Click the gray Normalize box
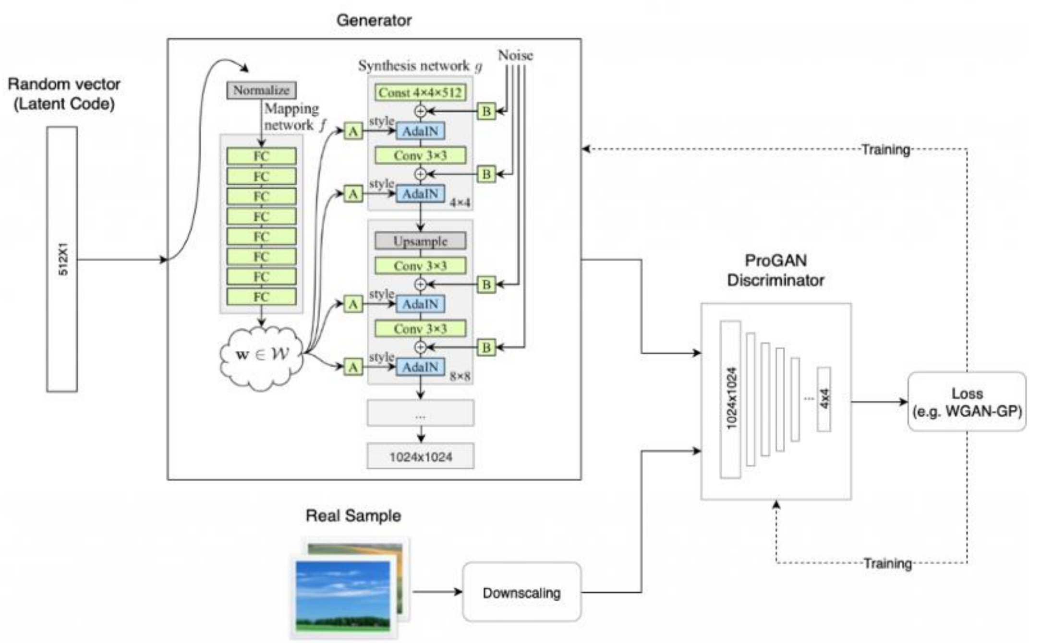coord(261,90)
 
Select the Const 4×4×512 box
coord(420,93)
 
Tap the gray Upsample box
coord(420,241)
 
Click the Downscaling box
coord(521,593)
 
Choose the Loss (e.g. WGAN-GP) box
coord(967,402)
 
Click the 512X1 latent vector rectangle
coord(62,259)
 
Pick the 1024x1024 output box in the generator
coord(420,456)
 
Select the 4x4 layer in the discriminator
coord(824,399)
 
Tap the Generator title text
coord(374,20)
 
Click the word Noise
coord(515,55)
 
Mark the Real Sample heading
coord(353,516)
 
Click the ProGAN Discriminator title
coord(775,270)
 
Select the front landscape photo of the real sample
coord(343,596)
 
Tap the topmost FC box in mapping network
coord(261,156)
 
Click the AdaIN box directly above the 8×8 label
coord(420,367)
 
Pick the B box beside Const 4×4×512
coord(486,111)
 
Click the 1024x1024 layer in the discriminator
coord(730,399)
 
